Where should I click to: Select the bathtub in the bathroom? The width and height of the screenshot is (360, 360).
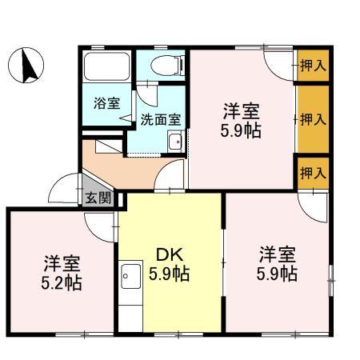tap(107, 70)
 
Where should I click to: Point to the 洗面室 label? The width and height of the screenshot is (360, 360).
tap(160, 120)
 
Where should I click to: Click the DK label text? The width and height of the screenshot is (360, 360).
tap(170, 255)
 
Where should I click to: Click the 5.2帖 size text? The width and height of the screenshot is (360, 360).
tap(62, 283)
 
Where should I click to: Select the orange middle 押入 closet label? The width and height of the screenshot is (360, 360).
tap(313, 120)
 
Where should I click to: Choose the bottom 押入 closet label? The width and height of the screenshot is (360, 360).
tap(313, 172)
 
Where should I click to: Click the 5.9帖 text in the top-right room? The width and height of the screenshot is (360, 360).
tap(242, 130)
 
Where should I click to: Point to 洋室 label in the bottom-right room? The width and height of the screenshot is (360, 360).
tap(278, 255)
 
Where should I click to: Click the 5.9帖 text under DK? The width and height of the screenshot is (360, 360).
tap(170, 275)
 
